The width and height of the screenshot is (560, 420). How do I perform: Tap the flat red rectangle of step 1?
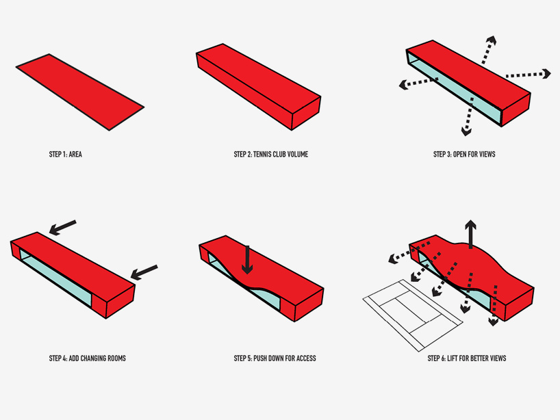(79, 92)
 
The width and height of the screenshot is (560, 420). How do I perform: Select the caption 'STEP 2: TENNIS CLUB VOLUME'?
(270, 155)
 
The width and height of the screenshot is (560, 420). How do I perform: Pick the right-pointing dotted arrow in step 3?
(527, 74)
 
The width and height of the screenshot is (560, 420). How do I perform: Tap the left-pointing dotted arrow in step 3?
(418, 83)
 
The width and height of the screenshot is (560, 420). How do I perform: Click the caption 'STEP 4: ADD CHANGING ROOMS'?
(87, 358)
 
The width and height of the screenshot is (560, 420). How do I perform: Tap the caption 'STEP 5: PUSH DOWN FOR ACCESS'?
(275, 358)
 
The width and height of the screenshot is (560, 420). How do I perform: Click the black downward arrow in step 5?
(247, 260)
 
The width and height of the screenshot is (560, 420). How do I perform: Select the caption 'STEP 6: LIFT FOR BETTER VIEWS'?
(466, 358)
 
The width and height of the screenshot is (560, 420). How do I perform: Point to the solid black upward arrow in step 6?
(470, 235)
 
